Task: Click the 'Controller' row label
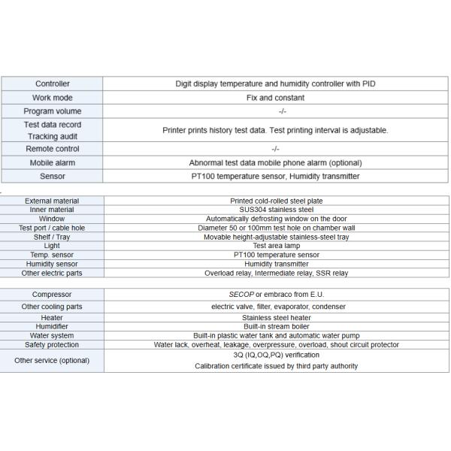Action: (x=53, y=84)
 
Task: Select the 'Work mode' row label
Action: (x=53, y=98)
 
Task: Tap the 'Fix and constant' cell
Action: (x=276, y=98)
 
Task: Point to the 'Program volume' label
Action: (x=53, y=111)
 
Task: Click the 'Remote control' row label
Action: (x=53, y=149)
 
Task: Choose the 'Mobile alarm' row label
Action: (x=53, y=162)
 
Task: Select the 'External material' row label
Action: (x=52, y=201)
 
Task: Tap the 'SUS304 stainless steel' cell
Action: (x=276, y=210)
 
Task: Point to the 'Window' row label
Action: (x=52, y=219)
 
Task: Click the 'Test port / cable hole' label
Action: (x=52, y=228)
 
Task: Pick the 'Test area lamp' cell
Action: (x=276, y=246)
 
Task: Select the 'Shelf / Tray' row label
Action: (x=52, y=237)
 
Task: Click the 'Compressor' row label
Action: (x=53, y=294)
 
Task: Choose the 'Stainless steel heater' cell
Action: (x=276, y=318)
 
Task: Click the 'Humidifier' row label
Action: (x=53, y=327)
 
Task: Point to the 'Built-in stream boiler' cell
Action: (x=276, y=327)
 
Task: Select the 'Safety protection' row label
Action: (x=53, y=345)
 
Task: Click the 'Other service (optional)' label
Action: (x=53, y=360)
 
